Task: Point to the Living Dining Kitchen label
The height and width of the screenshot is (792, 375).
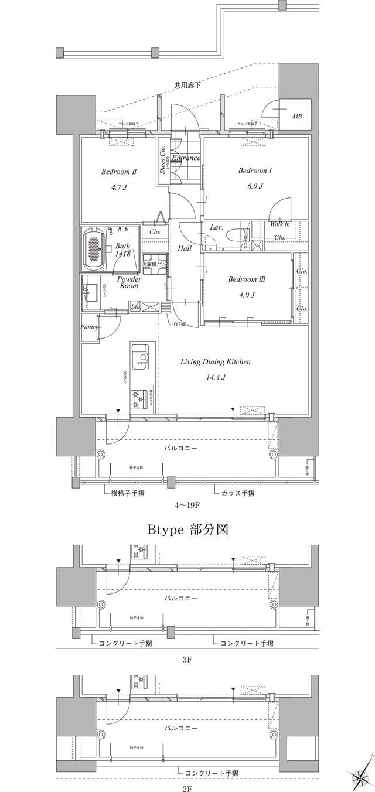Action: click(215, 362)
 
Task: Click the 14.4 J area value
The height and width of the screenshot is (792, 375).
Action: click(215, 377)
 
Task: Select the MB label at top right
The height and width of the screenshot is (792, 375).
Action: click(298, 117)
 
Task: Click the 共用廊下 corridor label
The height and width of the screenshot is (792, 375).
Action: click(187, 86)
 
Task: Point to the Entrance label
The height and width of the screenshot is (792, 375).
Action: click(187, 158)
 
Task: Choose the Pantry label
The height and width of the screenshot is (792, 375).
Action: click(89, 327)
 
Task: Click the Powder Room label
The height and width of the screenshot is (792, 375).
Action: click(128, 282)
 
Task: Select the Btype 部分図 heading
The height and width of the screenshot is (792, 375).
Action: click(187, 530)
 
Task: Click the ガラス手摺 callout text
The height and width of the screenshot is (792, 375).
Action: click(238, 493)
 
